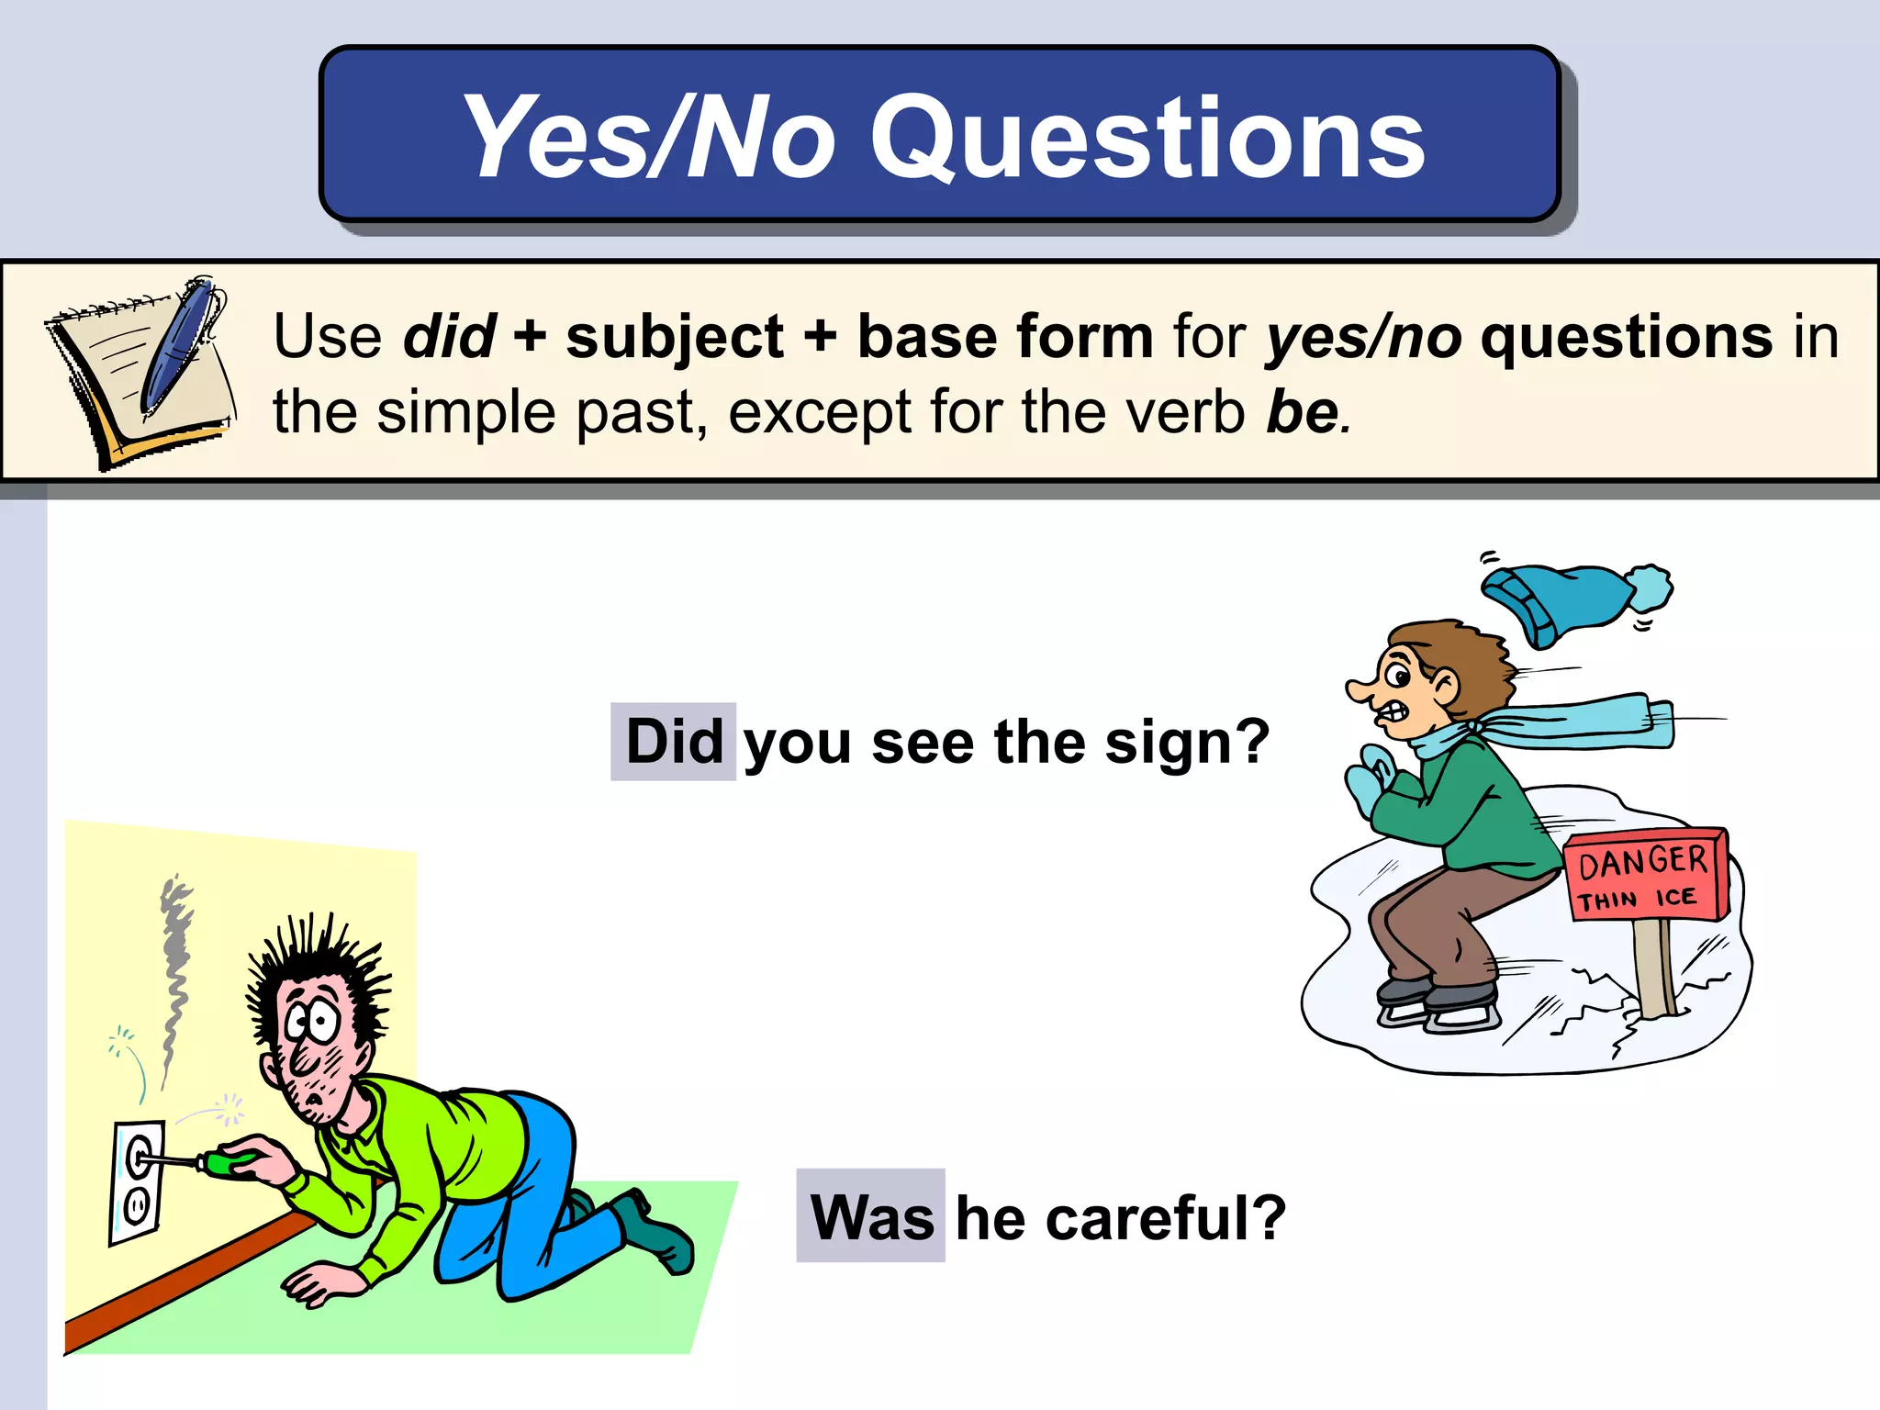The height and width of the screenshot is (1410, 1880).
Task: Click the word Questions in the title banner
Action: [x=1147, y=138]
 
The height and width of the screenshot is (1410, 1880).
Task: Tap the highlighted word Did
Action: [x=674, y=742]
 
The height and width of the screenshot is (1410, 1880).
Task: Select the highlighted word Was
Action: [x=871, y=1217]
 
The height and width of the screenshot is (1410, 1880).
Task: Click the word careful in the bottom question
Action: [x=1147, y=1219]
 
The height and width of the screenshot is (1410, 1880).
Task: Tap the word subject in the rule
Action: [x=675, y=338]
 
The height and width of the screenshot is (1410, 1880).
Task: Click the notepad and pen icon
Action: [x=142, y=372]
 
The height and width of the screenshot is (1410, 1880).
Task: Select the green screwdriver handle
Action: [x=226, y=1163]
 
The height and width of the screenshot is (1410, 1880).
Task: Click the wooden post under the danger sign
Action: [x=1653, y=968]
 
